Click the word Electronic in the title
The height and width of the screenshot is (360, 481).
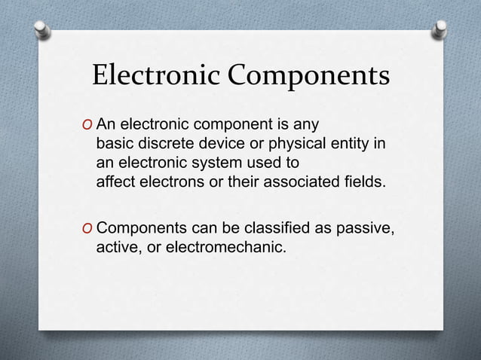point(155,78)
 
